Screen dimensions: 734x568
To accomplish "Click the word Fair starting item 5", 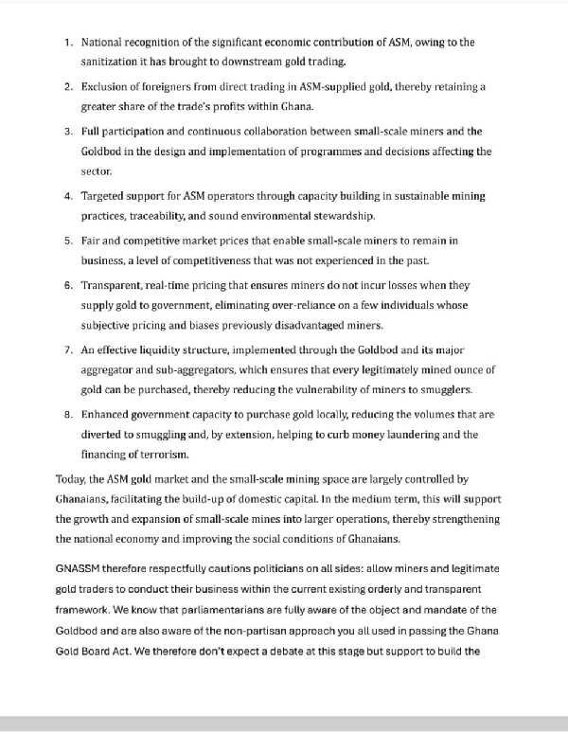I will pyautogui.click(x=93, y=242).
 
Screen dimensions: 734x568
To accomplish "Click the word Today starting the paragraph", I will pyautogui.click(x=72, y=480).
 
